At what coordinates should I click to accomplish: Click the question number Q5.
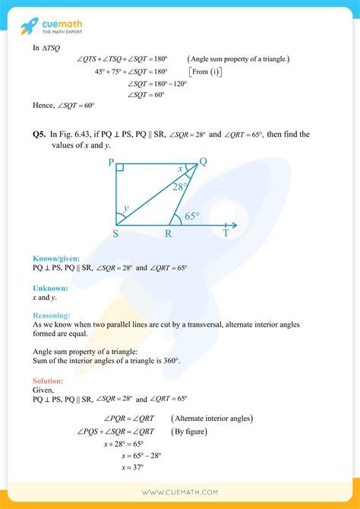pyautogui.click(x=39, y=135)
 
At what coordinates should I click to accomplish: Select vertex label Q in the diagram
pyautogui.click(x=203, y=160)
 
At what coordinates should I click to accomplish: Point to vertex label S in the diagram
pyautogui.click(x=115, y=234)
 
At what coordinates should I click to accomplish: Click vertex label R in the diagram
pyautogui.click(x=169, y=234)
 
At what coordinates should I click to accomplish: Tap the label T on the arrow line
pyautogui.click(x=226, y=234)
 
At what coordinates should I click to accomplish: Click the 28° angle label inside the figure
pyautogui.click(x=180, y=186)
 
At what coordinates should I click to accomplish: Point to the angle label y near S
pyautogui.click(x=126, y=206)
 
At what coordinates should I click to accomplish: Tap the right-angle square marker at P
pyautogui.click(x=120, y=166)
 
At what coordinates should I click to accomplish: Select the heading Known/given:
pyautogui.click(x=57, y=258)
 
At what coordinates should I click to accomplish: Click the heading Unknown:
pyautogui.click(x=50, y=288)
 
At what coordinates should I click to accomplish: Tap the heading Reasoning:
pyautogui.click(x=52, y=315)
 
